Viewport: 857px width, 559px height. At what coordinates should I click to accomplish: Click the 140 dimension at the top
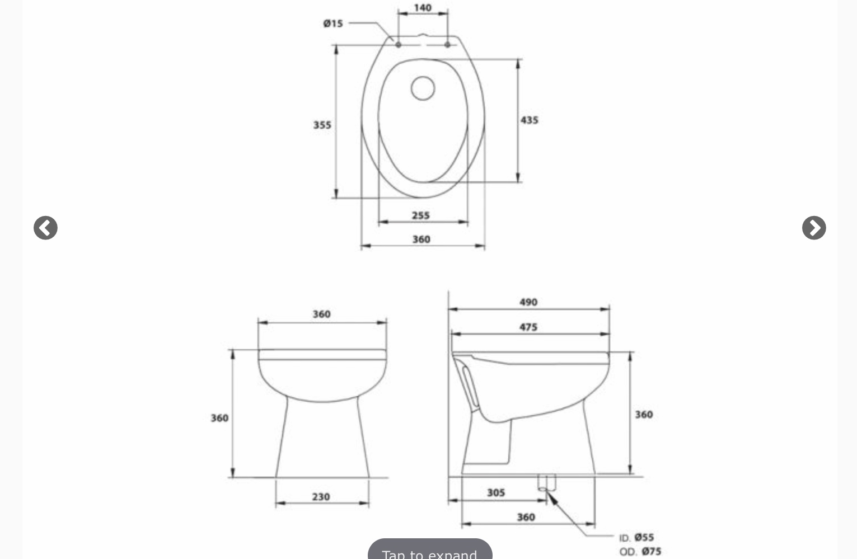(x=423, y=8)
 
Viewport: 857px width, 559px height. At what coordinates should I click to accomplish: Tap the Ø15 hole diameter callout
(x=333, y=24)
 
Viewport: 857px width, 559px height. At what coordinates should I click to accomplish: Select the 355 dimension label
(x=322, y=125)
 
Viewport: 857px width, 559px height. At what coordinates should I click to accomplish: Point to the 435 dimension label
(x=529, y=120)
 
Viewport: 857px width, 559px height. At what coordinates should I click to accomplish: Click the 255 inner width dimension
(x=421, y=215)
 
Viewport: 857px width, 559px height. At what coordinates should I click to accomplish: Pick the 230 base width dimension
(x=321, y=496)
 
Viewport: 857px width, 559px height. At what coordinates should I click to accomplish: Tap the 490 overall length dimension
(x=528, y=302)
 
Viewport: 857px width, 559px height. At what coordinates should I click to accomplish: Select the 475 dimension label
(x=528, y=327)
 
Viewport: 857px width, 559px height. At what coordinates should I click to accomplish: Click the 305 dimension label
(x=495, y=492)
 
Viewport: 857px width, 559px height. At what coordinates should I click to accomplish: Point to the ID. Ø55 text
(x=636, y=538)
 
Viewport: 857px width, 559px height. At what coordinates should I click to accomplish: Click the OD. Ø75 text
(x=640, y=552)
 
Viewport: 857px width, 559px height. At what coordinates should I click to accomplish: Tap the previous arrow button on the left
(x=45, y=228)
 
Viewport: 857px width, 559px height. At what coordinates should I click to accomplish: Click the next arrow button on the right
(x=814, y=228)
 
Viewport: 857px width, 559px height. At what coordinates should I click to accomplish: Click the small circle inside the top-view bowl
(x=423, y=88)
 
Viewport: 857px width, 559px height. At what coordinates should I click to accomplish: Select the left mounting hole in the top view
(x=399, y=44)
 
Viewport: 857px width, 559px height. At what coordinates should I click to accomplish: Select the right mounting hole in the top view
(x=447, y=44)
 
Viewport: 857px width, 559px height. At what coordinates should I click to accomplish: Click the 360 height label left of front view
(x=219, y=418)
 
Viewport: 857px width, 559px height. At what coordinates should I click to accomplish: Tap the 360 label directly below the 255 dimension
(x=421, y=239)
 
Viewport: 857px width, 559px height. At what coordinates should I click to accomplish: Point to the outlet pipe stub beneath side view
(x=546, y=482)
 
